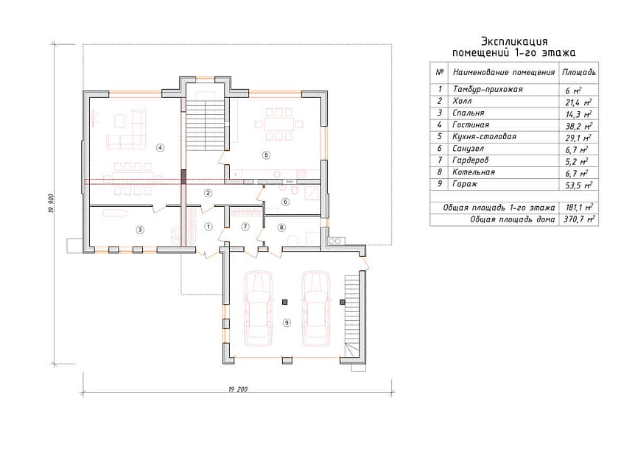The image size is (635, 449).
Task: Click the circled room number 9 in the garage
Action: coord(287,322)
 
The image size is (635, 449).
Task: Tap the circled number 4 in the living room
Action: coord(161,148)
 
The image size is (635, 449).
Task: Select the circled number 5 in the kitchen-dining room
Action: coord(266,155)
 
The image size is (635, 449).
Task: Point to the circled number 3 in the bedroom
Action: coord(140,230)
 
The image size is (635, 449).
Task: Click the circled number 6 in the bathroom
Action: coord(286,202)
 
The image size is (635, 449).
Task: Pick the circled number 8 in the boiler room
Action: coord(281,227)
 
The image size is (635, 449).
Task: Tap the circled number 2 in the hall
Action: coord(208,194)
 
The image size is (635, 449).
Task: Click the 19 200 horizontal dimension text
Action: coord(238,389)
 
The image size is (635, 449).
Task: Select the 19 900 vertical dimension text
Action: coord(51,204)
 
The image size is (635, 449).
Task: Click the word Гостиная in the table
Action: coord(471,125)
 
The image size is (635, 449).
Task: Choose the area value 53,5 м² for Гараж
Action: coord(579,185)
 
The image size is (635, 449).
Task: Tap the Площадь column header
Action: coord(579,72)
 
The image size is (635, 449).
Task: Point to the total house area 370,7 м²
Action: coord(579,219)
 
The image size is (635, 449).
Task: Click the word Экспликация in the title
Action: coord(514,41)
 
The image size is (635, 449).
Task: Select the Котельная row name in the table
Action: coord(474,172)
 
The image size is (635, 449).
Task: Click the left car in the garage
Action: coord(258,308)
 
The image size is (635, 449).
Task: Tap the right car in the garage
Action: coord(316,308)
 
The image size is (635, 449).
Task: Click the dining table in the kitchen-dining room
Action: coord(278,124)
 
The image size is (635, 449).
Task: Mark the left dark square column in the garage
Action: coord(284,302)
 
